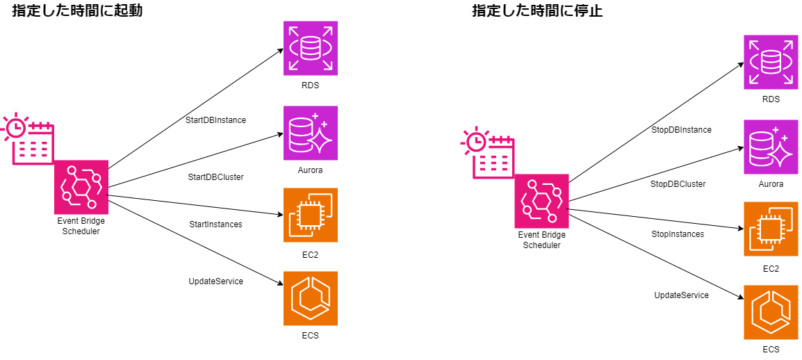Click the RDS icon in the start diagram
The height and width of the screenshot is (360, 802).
(310, 48)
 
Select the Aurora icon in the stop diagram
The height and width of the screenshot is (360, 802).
(771, 147)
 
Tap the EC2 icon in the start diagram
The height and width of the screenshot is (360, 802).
(310, 215)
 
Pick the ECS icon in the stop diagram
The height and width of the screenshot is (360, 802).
(771, 312)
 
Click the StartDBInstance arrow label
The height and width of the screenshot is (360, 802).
(215, 120)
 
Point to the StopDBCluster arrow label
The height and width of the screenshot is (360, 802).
(678, 184)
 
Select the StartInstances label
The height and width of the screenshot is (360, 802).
(215, 224)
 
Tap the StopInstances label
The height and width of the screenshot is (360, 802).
(678, 234)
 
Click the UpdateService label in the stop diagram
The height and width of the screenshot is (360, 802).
(681, 295)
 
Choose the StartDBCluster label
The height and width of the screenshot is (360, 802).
(215, 177)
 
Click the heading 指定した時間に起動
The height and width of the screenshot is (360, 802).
(77, 11)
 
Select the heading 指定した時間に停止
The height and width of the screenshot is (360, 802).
(537, 11)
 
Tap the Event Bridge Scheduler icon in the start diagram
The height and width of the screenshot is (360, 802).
(81, 187)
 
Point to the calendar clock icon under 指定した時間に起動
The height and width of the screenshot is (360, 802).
(28, 138)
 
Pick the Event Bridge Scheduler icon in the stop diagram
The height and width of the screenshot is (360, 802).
(541, 201)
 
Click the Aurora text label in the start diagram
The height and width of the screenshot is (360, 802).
(310, 170)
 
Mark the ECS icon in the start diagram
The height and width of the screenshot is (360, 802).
(310, 298)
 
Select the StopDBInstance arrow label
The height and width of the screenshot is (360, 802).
(681, 130)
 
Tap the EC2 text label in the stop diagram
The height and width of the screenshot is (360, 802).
(771, 268)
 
